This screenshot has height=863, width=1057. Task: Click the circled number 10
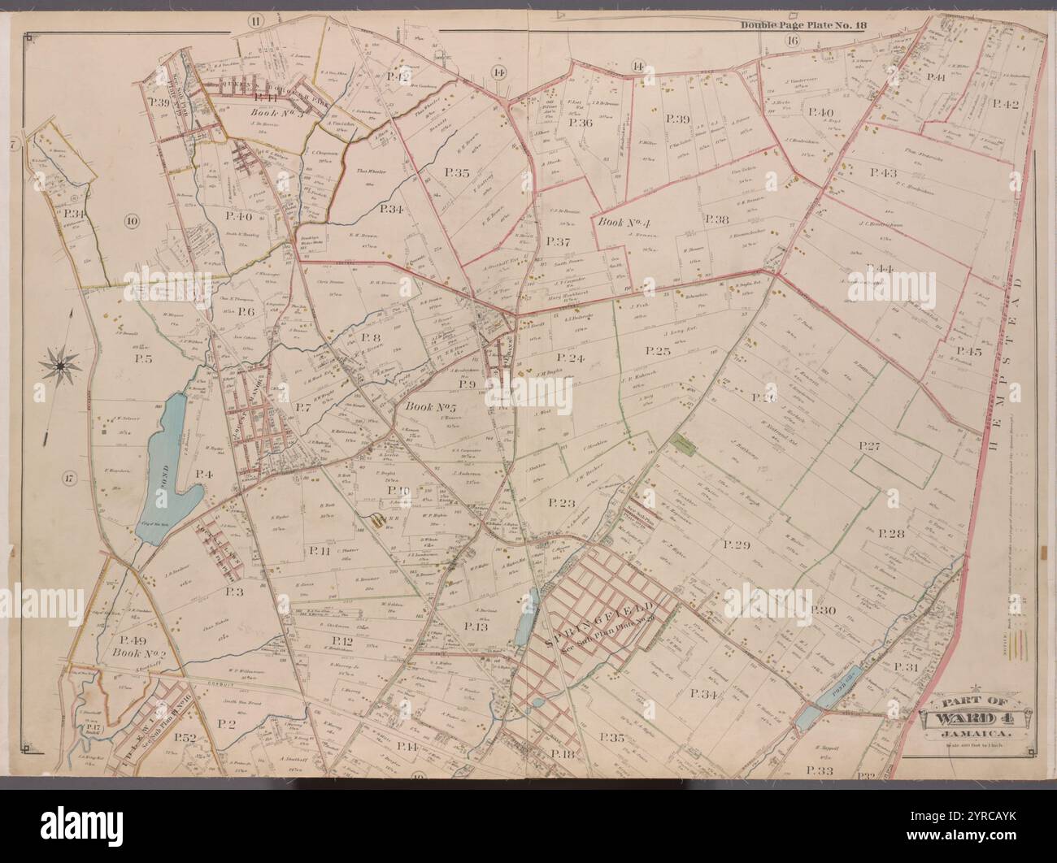coord(132,219)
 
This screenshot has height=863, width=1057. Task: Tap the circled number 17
coord(70,479)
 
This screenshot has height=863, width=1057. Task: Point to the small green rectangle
coord(683,444)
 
